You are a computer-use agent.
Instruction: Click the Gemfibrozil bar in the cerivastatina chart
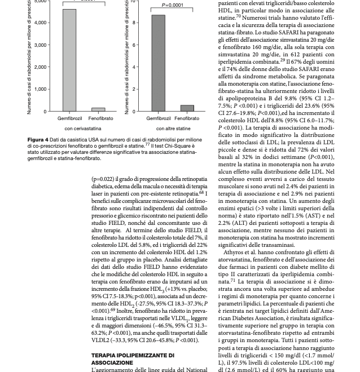click(69, 60)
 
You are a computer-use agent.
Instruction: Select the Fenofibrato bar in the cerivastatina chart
click(99, 109)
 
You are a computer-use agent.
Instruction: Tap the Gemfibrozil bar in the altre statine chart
click(158, 63)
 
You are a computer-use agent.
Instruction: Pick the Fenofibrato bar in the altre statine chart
click(187, 108)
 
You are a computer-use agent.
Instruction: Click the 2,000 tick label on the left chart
click(41, 67)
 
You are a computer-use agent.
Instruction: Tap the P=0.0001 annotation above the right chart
click(173, 5)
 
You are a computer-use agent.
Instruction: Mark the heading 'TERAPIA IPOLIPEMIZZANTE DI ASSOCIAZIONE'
click(133, 359)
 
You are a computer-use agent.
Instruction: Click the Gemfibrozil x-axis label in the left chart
click(69, 118)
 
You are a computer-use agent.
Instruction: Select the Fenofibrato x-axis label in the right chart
click(187, 118)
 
